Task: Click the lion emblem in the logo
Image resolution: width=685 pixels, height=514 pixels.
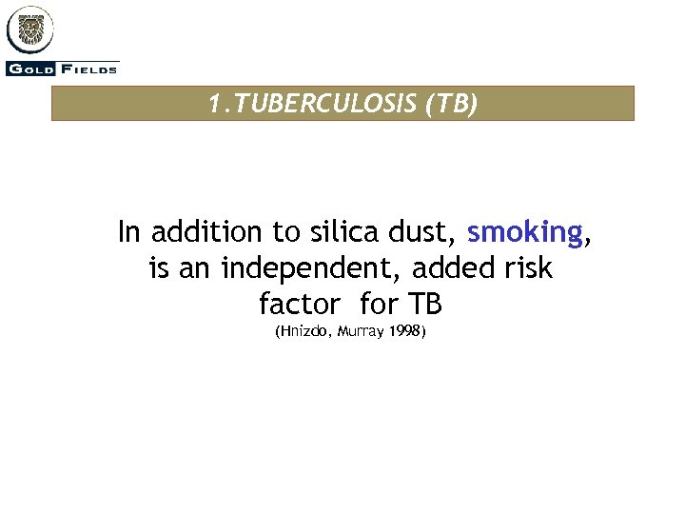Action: [x=30, y=30]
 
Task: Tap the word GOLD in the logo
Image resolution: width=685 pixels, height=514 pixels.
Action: [x=29, y=68]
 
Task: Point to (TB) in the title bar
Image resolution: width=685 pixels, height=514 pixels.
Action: [x=450, y=104]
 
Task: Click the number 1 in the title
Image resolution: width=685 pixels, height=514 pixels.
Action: [x=214, y=104]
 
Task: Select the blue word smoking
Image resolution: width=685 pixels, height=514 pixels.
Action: [x=524, y=232]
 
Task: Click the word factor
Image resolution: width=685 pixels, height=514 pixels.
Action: [x=299, y=305]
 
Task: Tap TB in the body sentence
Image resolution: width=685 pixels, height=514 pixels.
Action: [x=425, y=305]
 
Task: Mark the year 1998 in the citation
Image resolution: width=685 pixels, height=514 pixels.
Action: [x=404, y=332]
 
